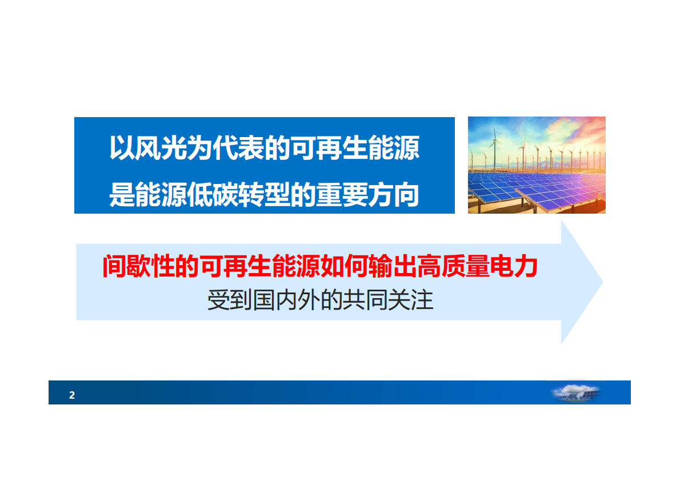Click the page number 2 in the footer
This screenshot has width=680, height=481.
(x=72, y=395)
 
